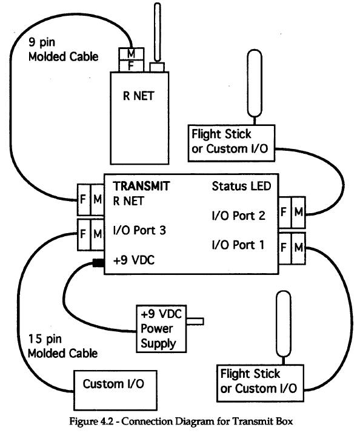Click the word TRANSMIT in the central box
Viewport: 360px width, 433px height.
pos(141,186)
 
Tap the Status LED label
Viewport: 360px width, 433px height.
pos(241,186)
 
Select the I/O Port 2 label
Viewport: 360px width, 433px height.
pos(238,216)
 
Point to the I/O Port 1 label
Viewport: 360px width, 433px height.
pos(238,245)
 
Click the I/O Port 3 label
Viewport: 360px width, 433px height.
pos(139,230)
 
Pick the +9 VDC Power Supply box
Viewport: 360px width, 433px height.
pos(161,329)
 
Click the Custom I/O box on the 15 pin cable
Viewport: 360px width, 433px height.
pos(115,390)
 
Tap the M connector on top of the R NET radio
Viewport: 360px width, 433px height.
pos(132,53)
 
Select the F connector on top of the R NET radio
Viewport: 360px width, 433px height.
pos(132,66)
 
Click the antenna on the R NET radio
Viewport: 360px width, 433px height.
pos(157,32)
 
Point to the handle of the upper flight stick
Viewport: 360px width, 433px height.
pos(255,83)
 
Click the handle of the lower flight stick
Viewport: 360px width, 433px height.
pos(284,324)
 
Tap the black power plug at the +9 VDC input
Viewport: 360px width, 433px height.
pos(98,263)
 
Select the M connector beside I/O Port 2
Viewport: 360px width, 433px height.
pos(298,213)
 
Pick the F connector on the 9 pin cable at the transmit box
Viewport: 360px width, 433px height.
pos(84,200)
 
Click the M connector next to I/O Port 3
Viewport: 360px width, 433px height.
pos(97,234)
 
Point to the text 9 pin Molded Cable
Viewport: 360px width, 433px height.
pos(63,50)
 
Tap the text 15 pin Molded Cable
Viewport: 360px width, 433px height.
pos(62,346)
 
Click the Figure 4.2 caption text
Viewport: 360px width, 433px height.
pos(181,421)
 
